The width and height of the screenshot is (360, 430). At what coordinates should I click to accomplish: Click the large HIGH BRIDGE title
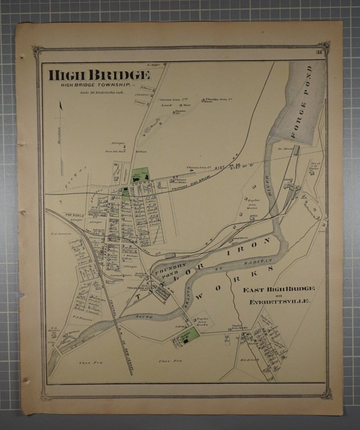[x=99, y=75]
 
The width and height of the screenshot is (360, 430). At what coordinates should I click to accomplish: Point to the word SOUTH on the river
[x=146, y=316]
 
